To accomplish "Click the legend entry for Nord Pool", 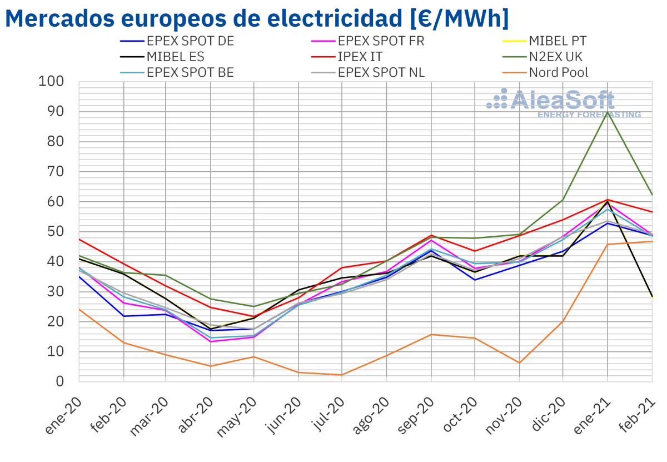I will pyautogui.click(x=559, y=72).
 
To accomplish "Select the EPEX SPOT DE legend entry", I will pyautogui.click(x=190, y=41).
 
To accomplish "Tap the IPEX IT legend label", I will pyautogui.click(x=360, y=56).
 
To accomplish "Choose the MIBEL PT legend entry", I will pyautogui.click(x=558, y=41).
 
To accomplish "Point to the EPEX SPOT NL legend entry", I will pyautogui.click(x=381, y=72).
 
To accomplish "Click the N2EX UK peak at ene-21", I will pyautogui.click(x=608, y=112).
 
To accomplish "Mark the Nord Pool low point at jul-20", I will pyautogui.click(x=342, y=375).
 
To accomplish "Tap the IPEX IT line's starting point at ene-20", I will pyautogui.click(x=79, y=239).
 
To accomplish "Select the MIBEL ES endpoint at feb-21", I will pyautogui.click(x=651, y=296).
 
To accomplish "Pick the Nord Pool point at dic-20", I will pyautogui.click(x=563, y=321).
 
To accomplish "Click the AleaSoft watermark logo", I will pyautogui.click(x=561, y=103).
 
